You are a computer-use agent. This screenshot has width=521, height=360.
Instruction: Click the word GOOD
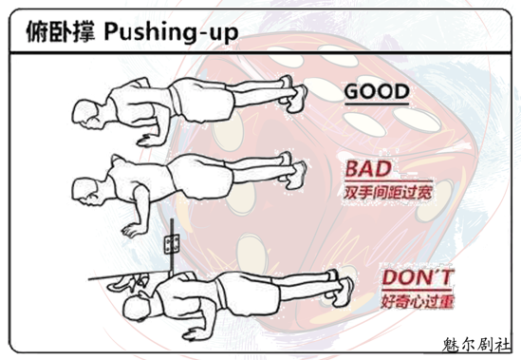click(377, 91)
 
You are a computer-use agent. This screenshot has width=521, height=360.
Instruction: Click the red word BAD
click(368, 169)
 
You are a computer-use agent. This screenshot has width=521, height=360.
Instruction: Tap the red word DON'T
click(418, 277)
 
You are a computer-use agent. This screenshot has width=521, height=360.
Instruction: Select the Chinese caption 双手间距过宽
click(388, 192)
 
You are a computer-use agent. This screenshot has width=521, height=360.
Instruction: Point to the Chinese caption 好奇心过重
click(418, 301)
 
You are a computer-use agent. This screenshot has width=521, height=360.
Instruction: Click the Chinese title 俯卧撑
click(61, 31)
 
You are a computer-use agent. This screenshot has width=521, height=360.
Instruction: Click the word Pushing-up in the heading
click(171, 32)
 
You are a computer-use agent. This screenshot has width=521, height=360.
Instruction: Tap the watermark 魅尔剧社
click(476, 345)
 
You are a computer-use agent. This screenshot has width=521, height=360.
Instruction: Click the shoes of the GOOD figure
click(293, 94)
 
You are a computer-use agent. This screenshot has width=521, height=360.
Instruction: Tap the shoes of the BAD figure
click(292, 170)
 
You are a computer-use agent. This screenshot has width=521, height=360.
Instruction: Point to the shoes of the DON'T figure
click(340, 288)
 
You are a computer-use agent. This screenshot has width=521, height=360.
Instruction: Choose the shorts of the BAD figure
click(200, 176)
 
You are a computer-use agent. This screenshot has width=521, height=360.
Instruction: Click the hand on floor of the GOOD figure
click(149, 141)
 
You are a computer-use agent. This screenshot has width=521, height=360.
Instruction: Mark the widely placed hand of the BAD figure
click(134, 230)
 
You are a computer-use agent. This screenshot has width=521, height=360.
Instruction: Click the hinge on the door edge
click(172, 242)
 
